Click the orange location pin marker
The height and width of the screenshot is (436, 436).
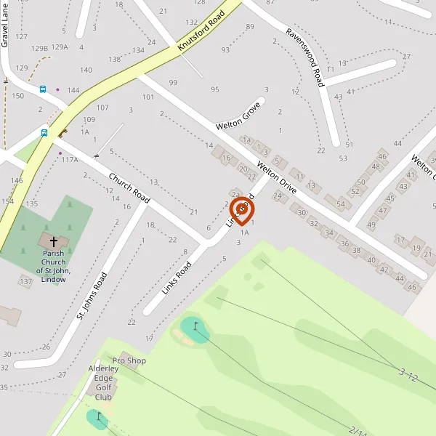tap(242, 211)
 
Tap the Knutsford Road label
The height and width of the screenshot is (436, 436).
tap(201, 34)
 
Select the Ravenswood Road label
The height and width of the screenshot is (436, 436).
tap(304, 57)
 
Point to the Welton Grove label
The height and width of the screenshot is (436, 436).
tap(238, 116)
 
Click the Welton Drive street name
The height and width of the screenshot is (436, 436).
tap(277, 177)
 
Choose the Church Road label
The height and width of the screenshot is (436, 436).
tap(129, 187)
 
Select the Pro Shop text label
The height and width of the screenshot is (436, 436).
tap(129, 360)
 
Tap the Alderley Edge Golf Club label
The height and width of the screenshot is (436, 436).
tap(103, 383)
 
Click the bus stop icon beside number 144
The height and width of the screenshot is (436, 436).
tap(43, 89)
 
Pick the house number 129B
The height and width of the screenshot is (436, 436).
tap(40, 48)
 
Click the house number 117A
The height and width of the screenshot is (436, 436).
tap(70, 159)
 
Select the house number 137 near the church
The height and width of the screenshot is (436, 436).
tap(26, 281)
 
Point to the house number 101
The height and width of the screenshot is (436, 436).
tap(148, 97)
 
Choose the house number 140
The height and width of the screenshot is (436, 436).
tap(86, 70)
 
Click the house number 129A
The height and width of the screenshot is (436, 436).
tap(60, 47)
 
